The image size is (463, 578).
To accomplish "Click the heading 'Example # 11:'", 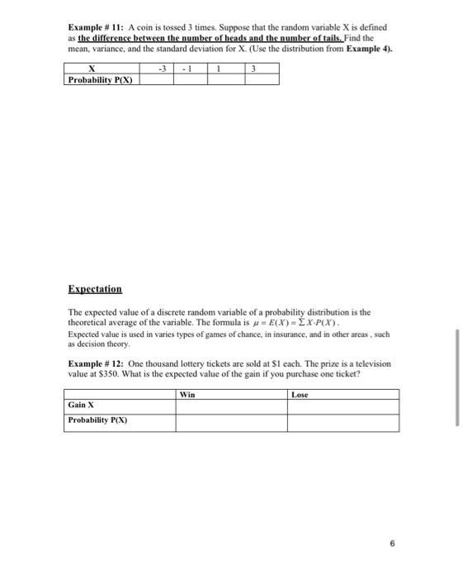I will pos(96,27).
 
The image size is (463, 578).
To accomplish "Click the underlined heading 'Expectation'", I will pos(95,289).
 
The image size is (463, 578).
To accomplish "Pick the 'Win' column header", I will pos(187,395).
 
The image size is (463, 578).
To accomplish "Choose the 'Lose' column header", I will pos(300,395).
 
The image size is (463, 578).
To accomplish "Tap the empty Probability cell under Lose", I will pos(343,422).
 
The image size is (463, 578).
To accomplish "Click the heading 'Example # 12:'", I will pos(96,363).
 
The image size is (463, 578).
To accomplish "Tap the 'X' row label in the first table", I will pos(102,69).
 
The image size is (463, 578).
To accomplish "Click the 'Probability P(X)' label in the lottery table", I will pos(97,420).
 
